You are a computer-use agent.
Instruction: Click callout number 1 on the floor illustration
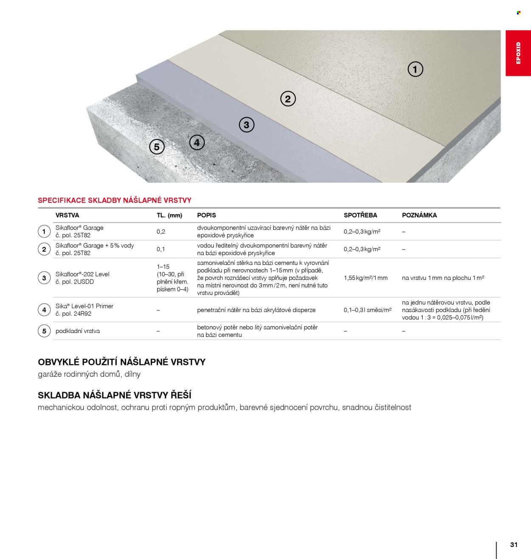[415, 69]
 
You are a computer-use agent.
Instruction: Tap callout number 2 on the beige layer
[288, 99]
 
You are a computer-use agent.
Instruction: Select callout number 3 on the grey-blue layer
[246, 125]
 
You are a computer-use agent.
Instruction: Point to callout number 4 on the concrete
[197, 143]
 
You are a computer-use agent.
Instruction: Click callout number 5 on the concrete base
[157, 147]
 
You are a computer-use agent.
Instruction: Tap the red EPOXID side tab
[518, 53]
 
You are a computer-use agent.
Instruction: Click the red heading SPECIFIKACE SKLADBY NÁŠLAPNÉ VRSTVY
[115, 200]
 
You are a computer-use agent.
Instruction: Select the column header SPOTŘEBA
[360, 215]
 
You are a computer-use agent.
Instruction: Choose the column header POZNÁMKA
[419, 215]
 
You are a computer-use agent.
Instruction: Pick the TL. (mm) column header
[169, 215]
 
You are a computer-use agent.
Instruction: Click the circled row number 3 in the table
[44, 278]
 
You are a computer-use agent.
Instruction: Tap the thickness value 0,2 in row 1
[161, 232]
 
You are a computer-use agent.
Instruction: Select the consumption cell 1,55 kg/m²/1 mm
[365, 278]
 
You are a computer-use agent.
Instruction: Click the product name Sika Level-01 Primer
[84, 306]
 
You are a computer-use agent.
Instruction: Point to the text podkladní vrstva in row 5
[77, 331]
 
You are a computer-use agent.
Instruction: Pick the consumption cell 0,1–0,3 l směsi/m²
[367, 310]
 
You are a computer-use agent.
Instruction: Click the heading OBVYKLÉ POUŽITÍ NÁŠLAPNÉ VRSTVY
[121, 362]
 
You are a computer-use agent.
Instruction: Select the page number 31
[514, 545]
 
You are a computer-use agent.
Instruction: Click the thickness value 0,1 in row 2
[161, 249]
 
